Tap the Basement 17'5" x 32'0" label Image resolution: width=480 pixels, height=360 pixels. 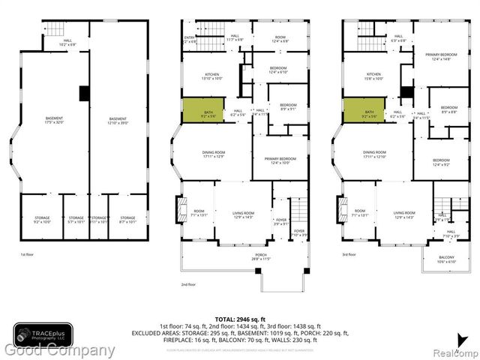[54, 120]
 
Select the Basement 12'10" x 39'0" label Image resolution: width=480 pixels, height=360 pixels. [118, 120]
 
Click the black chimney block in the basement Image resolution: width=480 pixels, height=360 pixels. [85, 93]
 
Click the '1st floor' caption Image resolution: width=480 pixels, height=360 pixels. [28, 254]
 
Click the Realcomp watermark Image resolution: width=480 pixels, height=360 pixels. [453, 350]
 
